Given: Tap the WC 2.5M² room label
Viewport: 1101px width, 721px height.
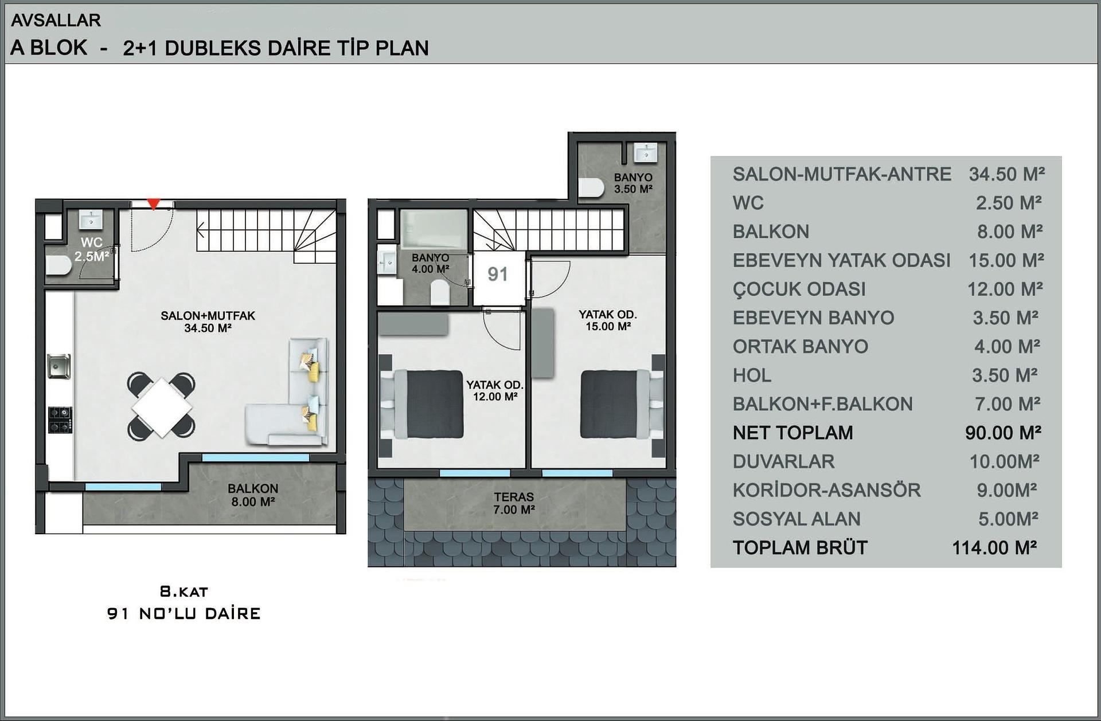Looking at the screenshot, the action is (x=92, y=249).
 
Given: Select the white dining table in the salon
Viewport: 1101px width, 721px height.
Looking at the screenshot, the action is (x=162, y=407).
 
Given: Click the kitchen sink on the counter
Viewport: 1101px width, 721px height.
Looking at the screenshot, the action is (x=59, y=366).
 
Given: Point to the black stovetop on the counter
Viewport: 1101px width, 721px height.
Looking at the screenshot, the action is (x=60, y=420).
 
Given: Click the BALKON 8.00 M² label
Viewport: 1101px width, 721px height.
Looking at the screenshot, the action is (x=252, y=495).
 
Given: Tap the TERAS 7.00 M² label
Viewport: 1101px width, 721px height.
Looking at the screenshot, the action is (x=514, y=503).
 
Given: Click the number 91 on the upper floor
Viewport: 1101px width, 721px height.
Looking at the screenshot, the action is (x=498, y=275).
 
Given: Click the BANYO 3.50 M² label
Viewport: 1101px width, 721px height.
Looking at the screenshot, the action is (x=633, y=183).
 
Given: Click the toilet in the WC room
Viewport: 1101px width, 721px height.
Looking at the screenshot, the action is (x=58, y=266).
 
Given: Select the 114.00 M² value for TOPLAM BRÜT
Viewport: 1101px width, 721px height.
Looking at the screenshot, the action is (x=995, y=547).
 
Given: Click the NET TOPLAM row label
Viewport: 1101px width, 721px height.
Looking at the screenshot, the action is (x=792, y=433).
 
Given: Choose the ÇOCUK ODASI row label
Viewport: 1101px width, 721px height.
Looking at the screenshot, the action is (x=799, y=289).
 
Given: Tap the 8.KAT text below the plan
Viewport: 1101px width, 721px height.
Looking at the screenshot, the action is (x=183, y=591).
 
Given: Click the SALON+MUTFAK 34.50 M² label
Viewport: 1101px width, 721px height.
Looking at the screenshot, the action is (x=208, y=322).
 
